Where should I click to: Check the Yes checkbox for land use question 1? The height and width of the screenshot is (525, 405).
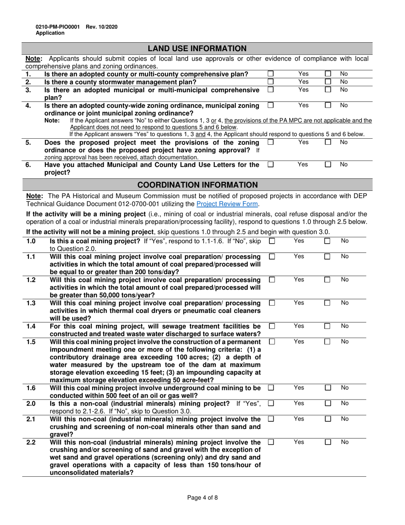click(x=270, y=74)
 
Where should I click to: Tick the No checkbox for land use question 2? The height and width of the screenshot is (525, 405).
click(x=328, y=82)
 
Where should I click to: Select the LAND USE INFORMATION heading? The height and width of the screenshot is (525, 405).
click(x=197, y=48)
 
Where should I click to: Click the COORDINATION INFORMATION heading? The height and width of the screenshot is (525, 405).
click(x=197, y=185)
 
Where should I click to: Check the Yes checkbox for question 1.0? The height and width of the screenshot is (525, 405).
click(x=272, y=241)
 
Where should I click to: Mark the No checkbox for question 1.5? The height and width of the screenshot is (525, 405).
click(x=328, y=342)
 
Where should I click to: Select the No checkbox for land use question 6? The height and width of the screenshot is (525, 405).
click(x=328, y=164)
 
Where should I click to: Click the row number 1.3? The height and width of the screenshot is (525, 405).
click(x=31, y=303)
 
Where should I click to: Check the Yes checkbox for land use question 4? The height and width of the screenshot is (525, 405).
click(x=270, y=105)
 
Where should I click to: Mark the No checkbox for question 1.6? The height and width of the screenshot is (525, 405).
click(x=328, y=388)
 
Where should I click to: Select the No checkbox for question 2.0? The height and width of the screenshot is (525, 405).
click(x=328, y=403)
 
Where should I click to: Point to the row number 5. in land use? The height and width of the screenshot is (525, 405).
click(x=28, y=142)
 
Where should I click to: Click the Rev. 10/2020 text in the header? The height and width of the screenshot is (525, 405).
click(x=101, y=27)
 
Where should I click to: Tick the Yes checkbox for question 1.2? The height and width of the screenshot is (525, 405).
click(x=272, y=280)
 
